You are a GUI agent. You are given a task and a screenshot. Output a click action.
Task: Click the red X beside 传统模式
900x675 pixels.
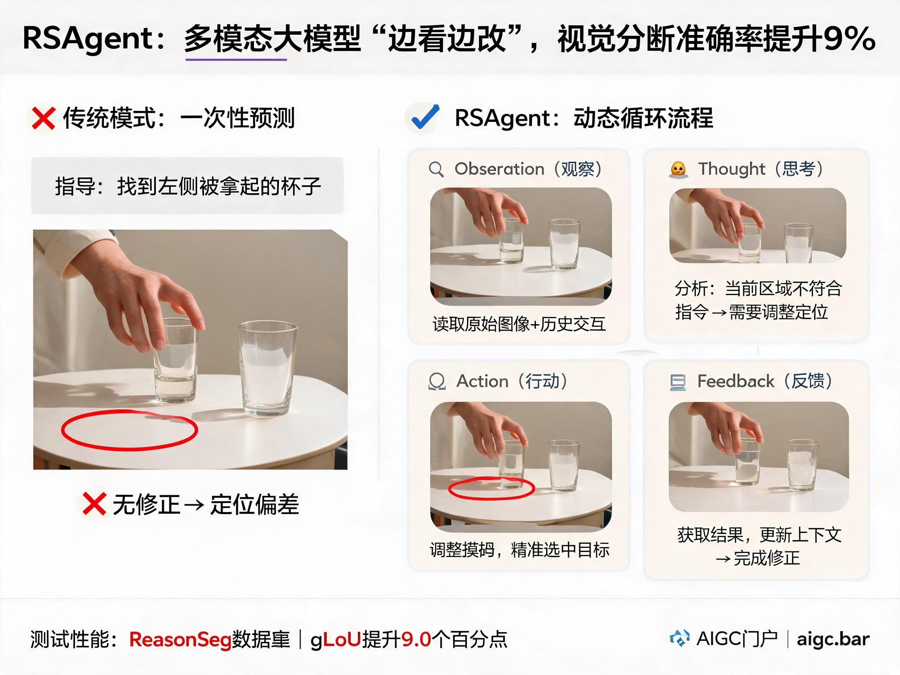[x=43, y=118]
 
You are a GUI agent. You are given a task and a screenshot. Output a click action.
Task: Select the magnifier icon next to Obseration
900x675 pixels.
[x=436, y=169]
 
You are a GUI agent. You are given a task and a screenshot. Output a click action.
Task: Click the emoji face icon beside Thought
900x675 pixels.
[x=678, y=170]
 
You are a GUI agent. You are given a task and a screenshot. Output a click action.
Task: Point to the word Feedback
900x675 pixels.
[x=736, y=381]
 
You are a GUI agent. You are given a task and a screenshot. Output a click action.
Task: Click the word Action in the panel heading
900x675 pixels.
[x=482, y=381]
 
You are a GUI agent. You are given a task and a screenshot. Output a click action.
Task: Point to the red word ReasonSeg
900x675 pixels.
[x=180, y=639]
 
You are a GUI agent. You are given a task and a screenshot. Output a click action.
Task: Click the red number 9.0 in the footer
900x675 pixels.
[x=416, y=639]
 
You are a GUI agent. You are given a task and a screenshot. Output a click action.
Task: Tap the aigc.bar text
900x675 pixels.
[x=833, y=639]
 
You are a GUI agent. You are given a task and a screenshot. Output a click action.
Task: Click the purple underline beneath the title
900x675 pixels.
[x=236, y=60]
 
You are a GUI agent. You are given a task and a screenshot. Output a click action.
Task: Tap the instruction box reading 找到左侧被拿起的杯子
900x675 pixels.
[x=187, y=186]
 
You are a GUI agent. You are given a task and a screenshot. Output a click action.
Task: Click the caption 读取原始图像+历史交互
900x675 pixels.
[x=519, y=324]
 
